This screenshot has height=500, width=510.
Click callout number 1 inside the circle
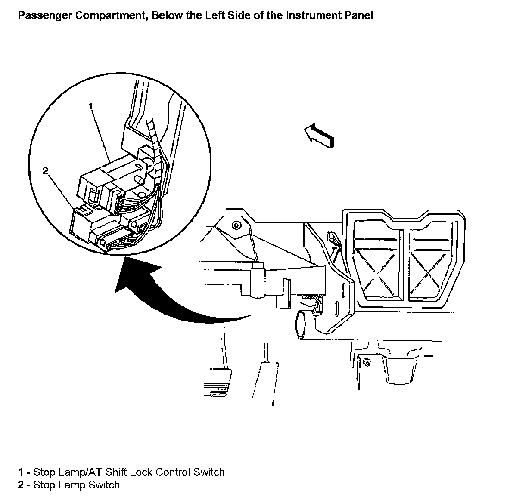[x=91, y=105]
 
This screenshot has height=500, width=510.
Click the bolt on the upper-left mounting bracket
[x=236, y=225]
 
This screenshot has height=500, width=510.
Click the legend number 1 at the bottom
[x=21, y=472]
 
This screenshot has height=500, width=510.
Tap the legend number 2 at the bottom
[x=21, y=485]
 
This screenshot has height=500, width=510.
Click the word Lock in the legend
[x=141, y=472]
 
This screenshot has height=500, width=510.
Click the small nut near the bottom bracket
[x=367, y=361]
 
